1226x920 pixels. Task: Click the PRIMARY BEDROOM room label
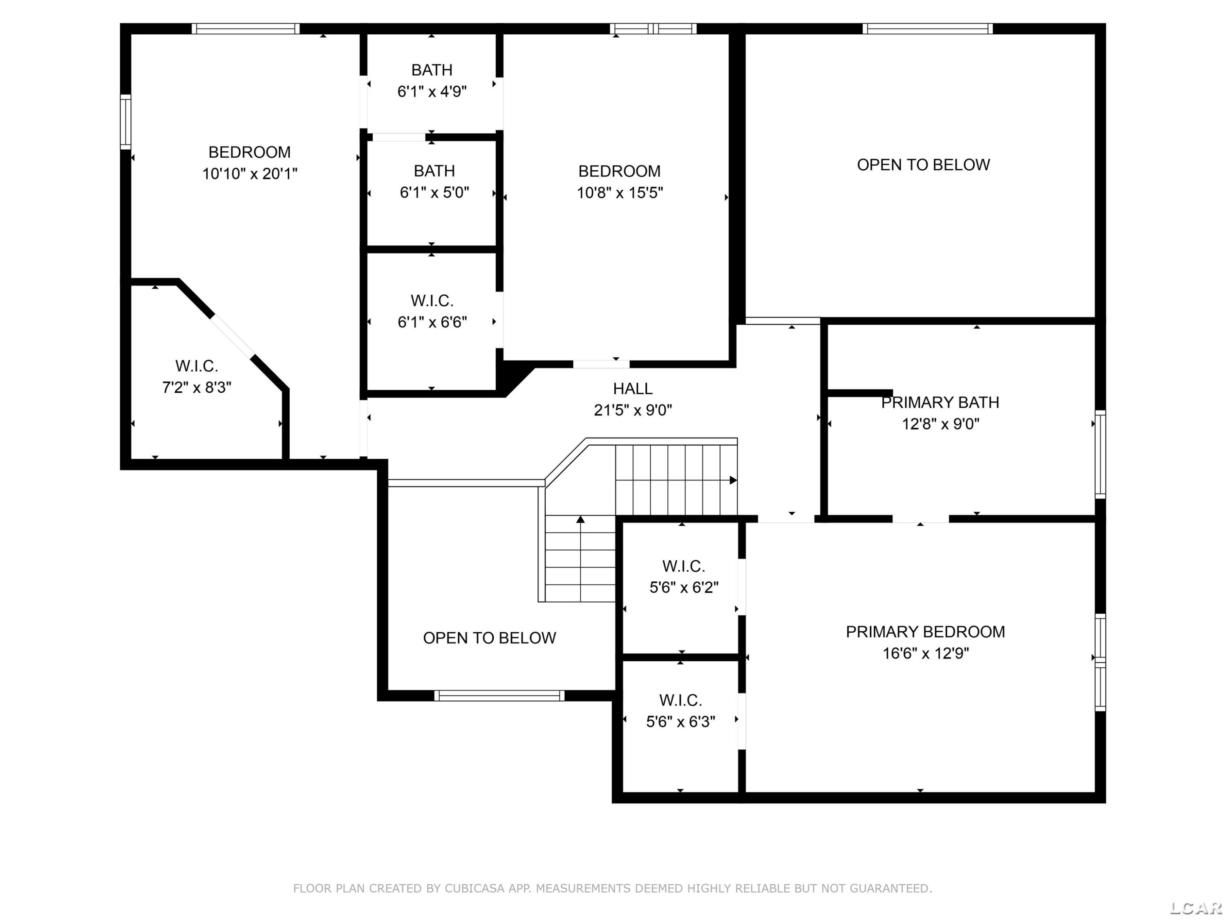click(x=925, y=632)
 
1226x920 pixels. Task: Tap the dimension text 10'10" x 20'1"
click(x=249, y=174)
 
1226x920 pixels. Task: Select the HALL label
click(x=632, y=388)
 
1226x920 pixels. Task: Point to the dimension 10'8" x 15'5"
click(x=620, y=193)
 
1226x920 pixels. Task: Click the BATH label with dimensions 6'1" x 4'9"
click(x=432, y=70)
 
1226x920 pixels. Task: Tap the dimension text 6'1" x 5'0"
click(x=434, y=193)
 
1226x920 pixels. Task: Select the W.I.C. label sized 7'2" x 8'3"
click(x=197, y=366)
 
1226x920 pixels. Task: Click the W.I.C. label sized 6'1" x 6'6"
click(x=432, y=301)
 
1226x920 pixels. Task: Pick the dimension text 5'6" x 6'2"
click(x=684, y=587)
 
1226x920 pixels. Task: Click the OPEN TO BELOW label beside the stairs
click(x=490, y=638)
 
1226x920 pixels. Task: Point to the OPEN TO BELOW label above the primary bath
click(x=923, y=165)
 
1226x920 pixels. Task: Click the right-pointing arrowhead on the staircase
click(x=733, y=480)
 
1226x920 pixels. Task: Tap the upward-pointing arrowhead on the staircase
click(x=580, y=520)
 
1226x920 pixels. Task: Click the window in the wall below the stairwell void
click(x=499, y=696)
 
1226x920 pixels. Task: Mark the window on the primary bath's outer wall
click(x=1100, y=454)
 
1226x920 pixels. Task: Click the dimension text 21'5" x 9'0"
click(x=632, y=410)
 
